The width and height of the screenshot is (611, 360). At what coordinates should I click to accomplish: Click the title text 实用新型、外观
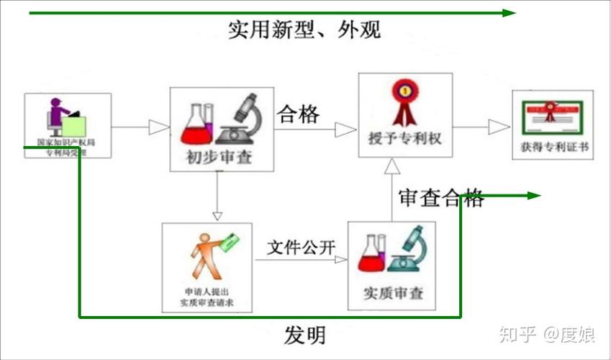point(304,30)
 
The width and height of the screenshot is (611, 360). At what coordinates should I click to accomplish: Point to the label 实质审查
point(394,293)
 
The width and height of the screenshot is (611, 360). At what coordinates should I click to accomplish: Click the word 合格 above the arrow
point(298,114)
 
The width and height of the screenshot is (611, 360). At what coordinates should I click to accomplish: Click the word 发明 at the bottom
point(304,335)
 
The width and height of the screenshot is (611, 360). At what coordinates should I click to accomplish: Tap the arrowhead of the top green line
point(509,12)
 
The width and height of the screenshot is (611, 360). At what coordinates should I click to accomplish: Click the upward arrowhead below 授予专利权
point(391,167)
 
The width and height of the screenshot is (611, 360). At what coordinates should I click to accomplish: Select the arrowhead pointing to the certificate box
point(499,127)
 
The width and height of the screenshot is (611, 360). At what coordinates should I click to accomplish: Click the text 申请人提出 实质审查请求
point(207,298)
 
